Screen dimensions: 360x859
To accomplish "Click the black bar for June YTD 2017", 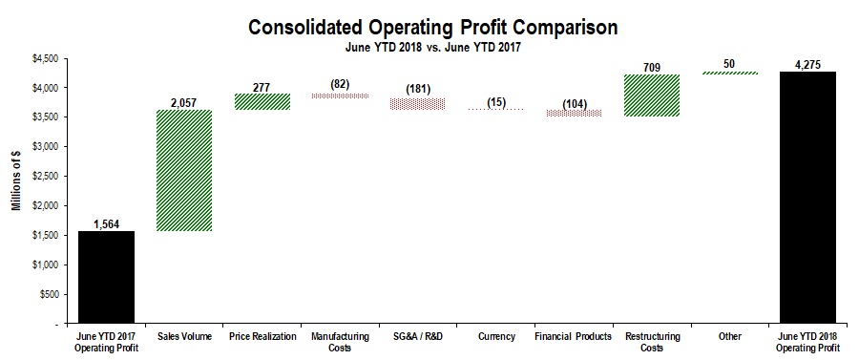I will pyautogui.click(x=106, y=277).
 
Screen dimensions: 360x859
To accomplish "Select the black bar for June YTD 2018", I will pyautogui.click(x=807, y=198).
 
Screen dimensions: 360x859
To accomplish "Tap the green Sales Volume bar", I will pyautogui.click(x=184, y=170).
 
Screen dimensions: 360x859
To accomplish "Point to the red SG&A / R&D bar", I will pyautogui.click(x=418, y=104).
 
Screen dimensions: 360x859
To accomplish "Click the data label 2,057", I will pyautogui.click(x=184, y=101).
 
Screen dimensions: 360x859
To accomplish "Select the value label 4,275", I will pyautogui.click(x=807, y=65).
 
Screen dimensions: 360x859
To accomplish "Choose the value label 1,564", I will pyautogui.click(x=106, y=223).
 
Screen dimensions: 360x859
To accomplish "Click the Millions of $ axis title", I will pyautogui.click(x=15, y=191).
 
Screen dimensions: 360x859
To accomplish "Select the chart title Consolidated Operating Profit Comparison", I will pyautogui.click(x=430, y=26).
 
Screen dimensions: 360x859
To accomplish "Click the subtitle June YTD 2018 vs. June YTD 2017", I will pyautogui.click(x=430, y=45).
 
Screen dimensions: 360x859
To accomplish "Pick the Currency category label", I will pyautogui.click(x=495, y=337).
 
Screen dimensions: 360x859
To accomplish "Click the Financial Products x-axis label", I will pyautogui.click(x=574, y=337).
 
